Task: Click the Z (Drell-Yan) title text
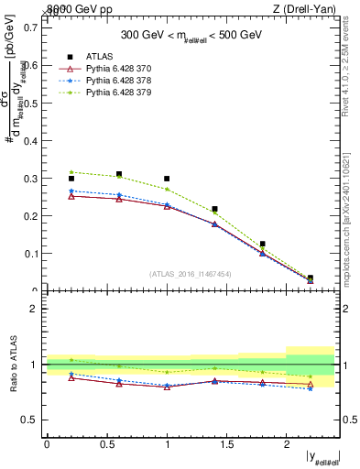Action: click(308, 8)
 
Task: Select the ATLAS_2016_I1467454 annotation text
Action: click(191, 274)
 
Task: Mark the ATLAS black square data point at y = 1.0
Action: click(167, 179)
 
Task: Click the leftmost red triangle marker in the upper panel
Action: click(71, 196)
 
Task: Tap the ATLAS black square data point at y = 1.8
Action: click(263, 245)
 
